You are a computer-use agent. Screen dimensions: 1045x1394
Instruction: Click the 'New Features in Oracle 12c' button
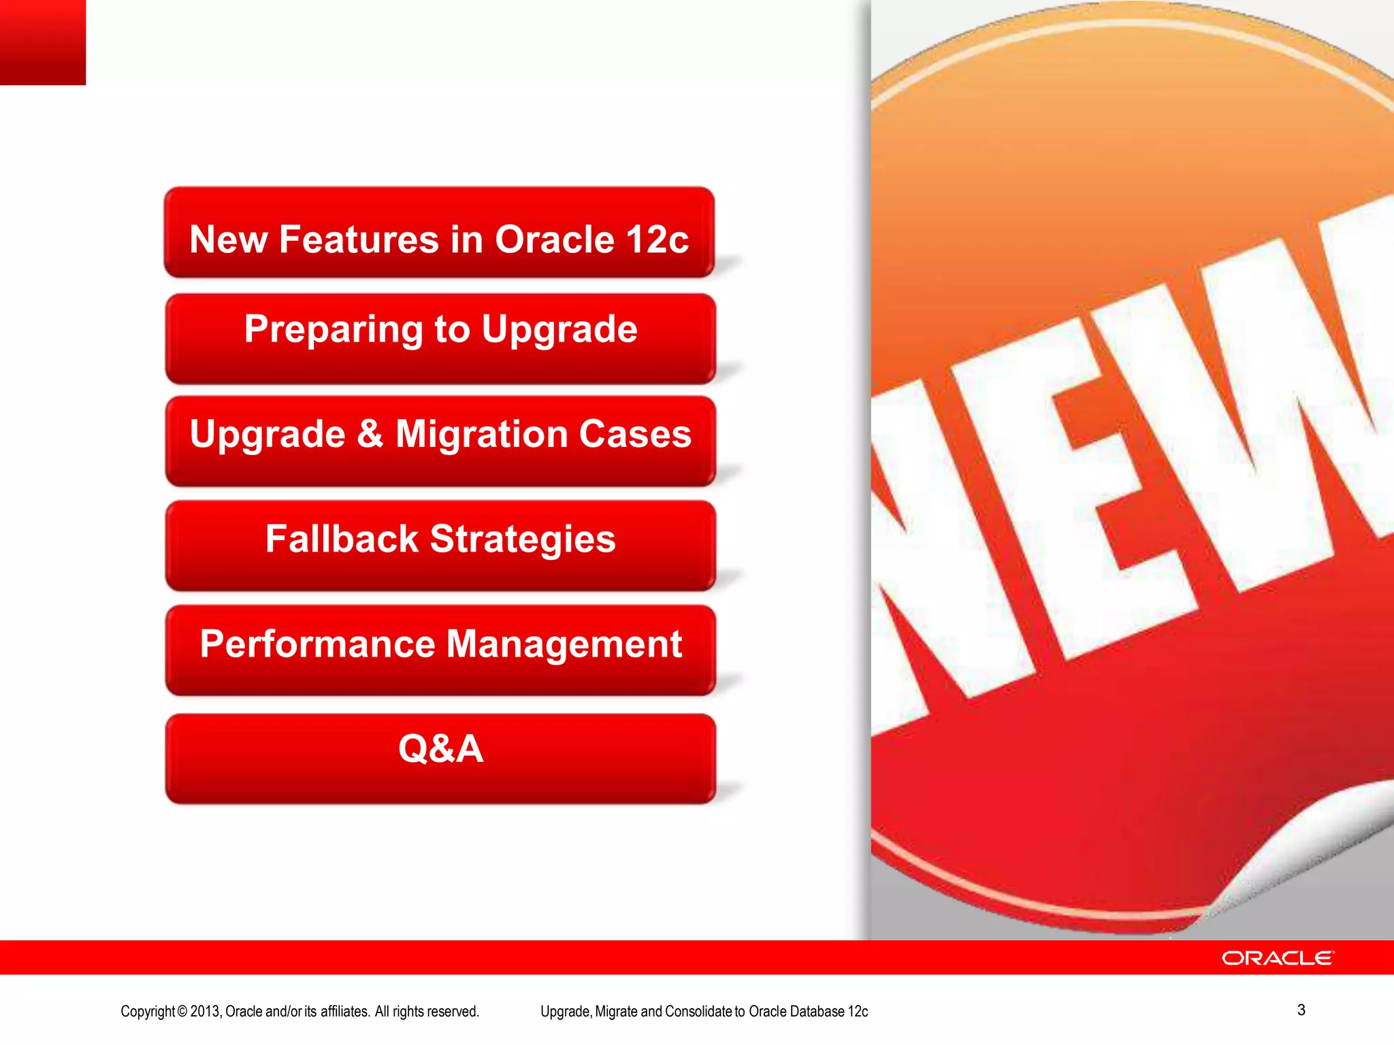click(439, 233)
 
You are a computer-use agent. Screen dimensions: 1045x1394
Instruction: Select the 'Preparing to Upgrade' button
click(440, 338)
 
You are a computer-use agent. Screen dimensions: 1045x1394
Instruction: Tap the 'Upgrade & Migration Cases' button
click(440, 440)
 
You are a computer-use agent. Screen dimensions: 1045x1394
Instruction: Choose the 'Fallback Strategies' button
click(440, 545)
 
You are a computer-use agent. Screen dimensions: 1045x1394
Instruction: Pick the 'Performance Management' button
click(440, 650)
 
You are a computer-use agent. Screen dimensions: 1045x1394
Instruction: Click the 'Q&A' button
click(440, 758)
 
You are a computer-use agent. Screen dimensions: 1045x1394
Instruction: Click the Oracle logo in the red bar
click(1278, 958)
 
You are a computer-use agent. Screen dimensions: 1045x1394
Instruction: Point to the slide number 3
click(1301, 1010)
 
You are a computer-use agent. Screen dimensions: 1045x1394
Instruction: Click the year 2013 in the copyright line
click(205, 1012)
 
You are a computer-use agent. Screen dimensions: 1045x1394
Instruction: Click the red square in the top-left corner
click(42, 42)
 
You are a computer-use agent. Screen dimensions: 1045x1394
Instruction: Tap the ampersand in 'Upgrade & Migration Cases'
click(370, 433)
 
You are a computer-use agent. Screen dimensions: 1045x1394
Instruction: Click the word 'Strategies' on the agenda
click(523, 540)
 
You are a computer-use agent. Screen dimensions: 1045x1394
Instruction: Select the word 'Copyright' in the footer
click(148, 1012)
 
